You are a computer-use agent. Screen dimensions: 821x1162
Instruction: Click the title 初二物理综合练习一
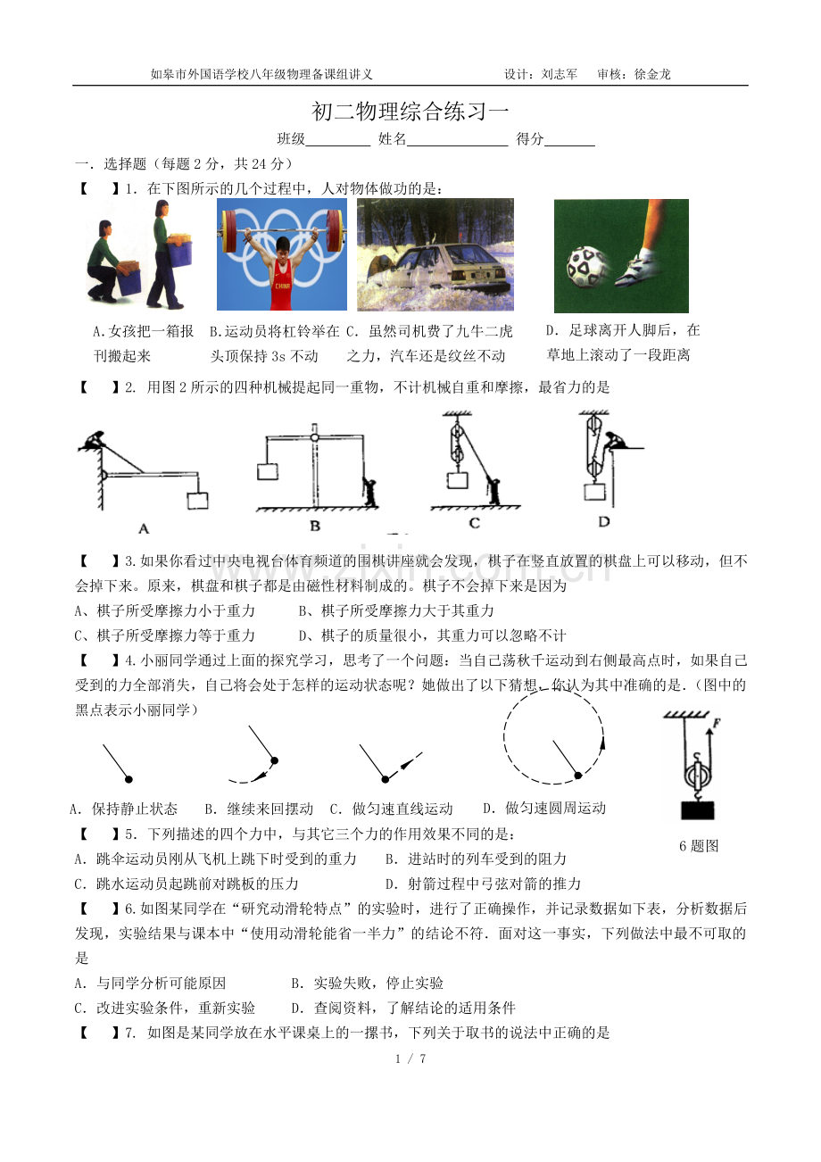pos(410,111)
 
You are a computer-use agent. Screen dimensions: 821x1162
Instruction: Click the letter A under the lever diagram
pos(144,528)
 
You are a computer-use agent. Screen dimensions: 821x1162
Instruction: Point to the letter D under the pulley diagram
pos(603,521)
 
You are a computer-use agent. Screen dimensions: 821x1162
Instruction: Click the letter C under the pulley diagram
pos(474,523)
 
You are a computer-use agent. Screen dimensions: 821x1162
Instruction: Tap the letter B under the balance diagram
pos(315,526)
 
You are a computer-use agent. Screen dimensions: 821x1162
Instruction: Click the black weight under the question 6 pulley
pos(698,809)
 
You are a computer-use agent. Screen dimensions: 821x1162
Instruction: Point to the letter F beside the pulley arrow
pos(717,723)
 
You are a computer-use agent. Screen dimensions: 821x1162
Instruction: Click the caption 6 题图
pos(699,846)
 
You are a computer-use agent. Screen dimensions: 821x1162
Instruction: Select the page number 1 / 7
pos(410,1058)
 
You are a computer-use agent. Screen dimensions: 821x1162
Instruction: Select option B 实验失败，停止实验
pos(367,983)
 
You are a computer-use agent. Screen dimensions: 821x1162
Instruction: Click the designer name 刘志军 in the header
pos(560,74)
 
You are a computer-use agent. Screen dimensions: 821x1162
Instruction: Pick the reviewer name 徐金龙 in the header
pos(652,74)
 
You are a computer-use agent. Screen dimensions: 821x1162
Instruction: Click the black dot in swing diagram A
pos(129,779)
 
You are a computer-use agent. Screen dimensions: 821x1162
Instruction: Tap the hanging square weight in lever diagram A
pos(197,501)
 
